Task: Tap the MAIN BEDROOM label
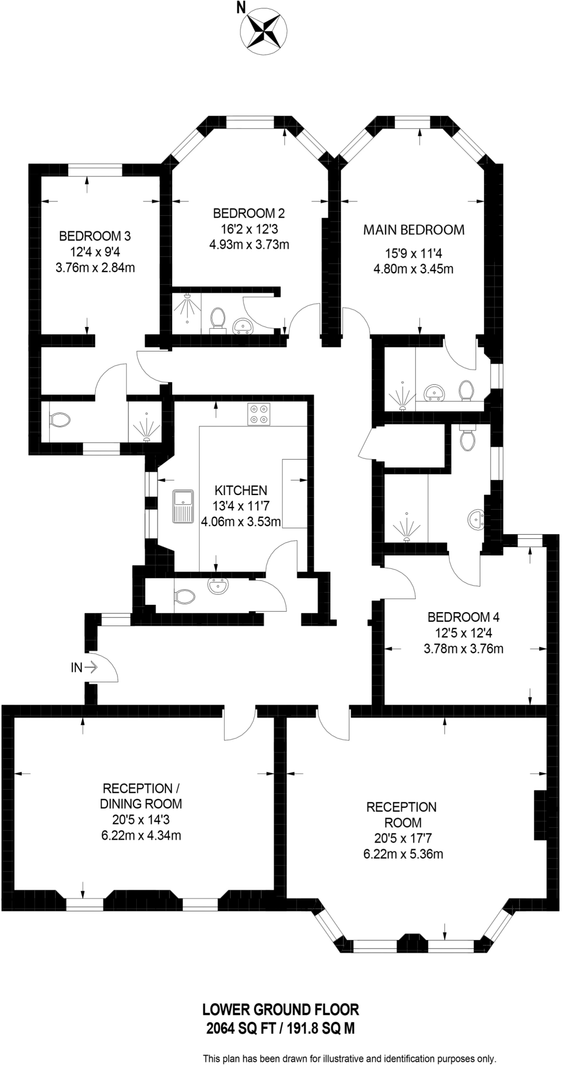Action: click(413, 230)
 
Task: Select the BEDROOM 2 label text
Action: click(249, 213)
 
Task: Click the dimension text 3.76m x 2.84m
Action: click(95, 268)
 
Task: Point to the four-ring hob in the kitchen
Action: click(259, 414)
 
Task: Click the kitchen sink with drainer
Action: click(184, 506)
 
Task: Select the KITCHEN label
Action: click(241, 490)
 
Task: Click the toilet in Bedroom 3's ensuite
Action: click(59, 420)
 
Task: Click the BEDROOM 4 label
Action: click(463, 617)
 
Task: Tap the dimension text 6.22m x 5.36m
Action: click(403, 854)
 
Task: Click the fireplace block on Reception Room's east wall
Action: click(541, 815)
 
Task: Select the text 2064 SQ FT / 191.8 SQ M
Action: click(280, 1028)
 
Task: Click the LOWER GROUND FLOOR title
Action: click(280, 1010)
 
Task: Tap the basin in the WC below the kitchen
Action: click(217, 586)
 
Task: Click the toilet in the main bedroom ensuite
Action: click(466, 391)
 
